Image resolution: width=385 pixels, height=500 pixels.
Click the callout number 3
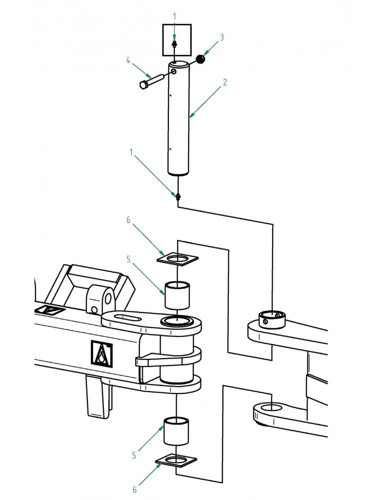[x=222, y=37]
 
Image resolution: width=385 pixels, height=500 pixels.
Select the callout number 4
[x=128, y=60]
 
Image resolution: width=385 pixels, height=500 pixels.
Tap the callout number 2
[x=225, y=82]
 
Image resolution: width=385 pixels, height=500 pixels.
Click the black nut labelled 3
[x=201, y=59]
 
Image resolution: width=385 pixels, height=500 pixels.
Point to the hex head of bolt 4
[x=144, y=85]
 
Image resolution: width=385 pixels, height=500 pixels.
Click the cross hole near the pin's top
[x=174, y=71]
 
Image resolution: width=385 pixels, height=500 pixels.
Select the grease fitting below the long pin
[x=178, y=196]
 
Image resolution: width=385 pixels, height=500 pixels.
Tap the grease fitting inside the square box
[x=174, y=44]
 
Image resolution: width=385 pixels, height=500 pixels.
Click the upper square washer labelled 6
[x=178, y=258]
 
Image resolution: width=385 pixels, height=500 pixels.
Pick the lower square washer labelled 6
[x=176, y=460]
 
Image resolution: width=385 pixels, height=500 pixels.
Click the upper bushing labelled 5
[x=177, y=295]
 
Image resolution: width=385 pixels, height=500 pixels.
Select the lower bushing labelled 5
[x=176, y=430]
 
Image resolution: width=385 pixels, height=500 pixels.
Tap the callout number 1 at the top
[x=174, y=16]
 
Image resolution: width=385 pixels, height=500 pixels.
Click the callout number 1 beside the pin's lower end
[x=131, y=152]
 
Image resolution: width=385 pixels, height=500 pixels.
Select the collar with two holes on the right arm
[x=272, y=319]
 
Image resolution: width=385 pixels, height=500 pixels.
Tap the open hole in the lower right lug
[x=270, y=407]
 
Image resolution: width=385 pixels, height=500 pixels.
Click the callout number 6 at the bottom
[x=135, y=489]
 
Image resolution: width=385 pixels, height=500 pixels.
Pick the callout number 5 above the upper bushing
[x=129, y=259]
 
